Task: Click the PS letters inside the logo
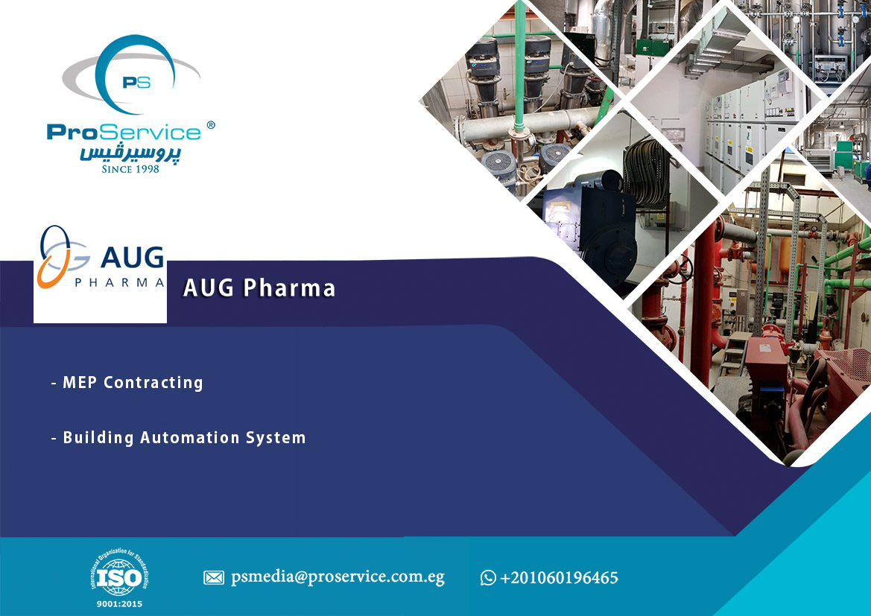pos(136,82)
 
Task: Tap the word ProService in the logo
pos(124,132)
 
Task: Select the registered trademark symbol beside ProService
pos(211,125)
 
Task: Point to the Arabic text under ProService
pos(130,153)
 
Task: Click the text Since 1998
pos(130,169)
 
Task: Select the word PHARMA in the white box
pos(119,282)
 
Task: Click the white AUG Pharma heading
pos(259,288)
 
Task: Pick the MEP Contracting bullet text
pos(127,383)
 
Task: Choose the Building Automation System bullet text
pos(178,438)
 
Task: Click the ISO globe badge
pos(119,575)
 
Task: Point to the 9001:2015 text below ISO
pos(119,604)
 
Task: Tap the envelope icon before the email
pos(214,578)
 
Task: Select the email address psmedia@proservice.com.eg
pos(338,578)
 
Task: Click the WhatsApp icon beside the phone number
pos(488,578)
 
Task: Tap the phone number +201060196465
pos(559,578)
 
